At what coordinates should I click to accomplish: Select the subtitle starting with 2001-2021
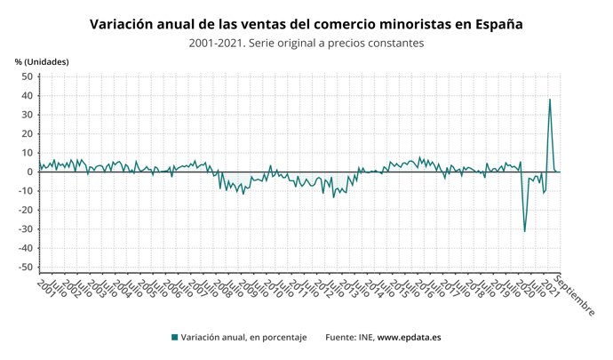(x=306, y=43)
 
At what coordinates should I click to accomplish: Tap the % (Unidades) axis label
(x=42, y=61)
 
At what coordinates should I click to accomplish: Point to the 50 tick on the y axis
(x=27, y=76)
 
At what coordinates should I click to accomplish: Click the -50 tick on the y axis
(x=25, y=267)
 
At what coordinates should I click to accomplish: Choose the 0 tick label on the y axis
(x=30, y=172)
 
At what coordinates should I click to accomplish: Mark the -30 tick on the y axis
(x=25, y=228)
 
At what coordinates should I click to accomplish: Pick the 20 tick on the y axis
(x=27, y=133)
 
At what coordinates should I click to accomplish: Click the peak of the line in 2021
(x=550, y=99)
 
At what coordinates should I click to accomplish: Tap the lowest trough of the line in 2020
(x=525, y=231)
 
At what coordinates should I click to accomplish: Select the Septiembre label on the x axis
(x=576, y=295)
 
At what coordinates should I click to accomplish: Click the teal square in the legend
(x=174, y=338)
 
